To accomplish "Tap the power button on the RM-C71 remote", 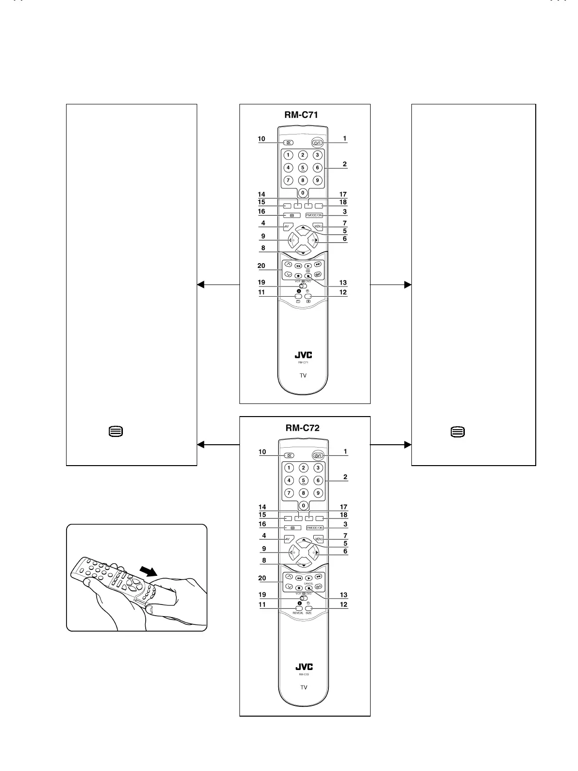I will pos(318,143).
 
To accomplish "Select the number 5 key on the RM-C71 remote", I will pos(303,168).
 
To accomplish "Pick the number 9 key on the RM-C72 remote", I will pos(318,493).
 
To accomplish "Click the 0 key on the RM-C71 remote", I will pos(303,193).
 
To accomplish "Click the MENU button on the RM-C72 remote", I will pos(319,539).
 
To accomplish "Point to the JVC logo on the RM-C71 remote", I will pos(304,355).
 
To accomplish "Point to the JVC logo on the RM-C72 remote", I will pos(304,667).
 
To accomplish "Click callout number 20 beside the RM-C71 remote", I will pos(261,266).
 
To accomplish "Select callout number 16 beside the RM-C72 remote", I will pos(262,524).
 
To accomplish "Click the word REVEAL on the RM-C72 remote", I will pos(298,613).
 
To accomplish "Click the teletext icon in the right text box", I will pos(458,431).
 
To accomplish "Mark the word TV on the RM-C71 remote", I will pos(303,375).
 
